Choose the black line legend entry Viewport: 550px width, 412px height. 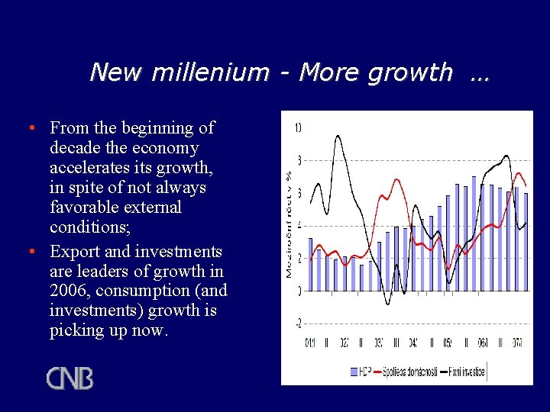coord(462,372)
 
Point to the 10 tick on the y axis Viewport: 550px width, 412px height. coord(297,127)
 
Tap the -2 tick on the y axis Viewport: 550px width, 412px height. coord(297,323)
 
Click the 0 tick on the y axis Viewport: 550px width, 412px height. coord(299,291)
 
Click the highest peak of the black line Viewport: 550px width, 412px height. coord(338,136)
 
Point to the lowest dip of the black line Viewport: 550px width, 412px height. coord(387,304)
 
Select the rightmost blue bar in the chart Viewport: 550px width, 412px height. coord(526,242)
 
